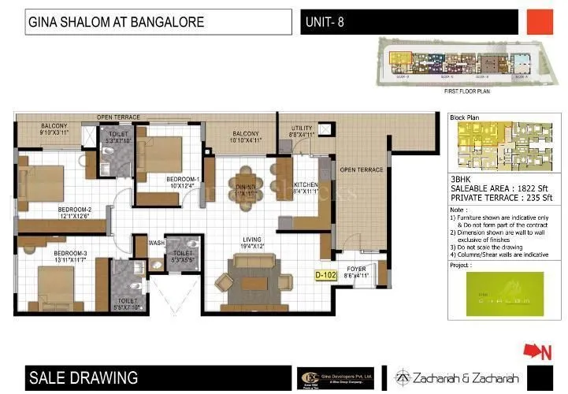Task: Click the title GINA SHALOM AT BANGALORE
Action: coord(116,22)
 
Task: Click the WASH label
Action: coord(156,243)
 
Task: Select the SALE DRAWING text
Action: coord(83,377)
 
